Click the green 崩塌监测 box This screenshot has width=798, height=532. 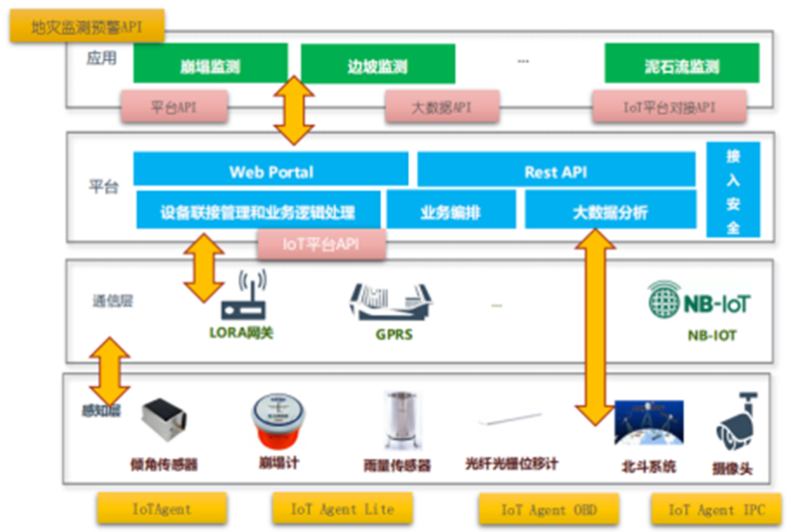tap(210, 67)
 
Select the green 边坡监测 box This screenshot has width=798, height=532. tap(378, 67)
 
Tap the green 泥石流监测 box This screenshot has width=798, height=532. tap(681, 67)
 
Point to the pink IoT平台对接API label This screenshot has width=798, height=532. tap(668, 106)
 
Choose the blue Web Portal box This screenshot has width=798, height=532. tap(271, 171)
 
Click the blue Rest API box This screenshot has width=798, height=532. tap(556, 171)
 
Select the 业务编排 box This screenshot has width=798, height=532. tap(451, 212)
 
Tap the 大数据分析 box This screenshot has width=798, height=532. tap(609, 212)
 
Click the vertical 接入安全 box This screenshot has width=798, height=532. tap(733, 190)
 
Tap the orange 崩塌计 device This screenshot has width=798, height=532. tap(278, 422)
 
